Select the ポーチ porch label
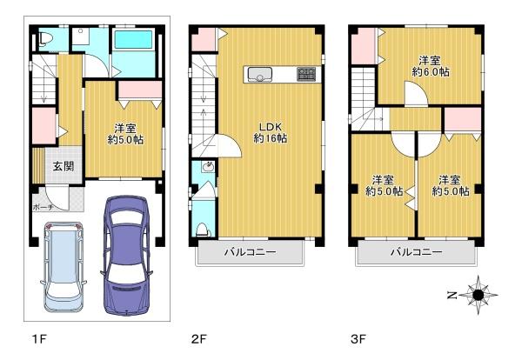pos(43,208)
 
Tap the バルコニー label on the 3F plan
pos(415,253)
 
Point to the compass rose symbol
pos(477,296)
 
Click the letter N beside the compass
pos(452,296)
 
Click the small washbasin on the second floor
pos(207,168)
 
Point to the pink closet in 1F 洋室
pos(139,90)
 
